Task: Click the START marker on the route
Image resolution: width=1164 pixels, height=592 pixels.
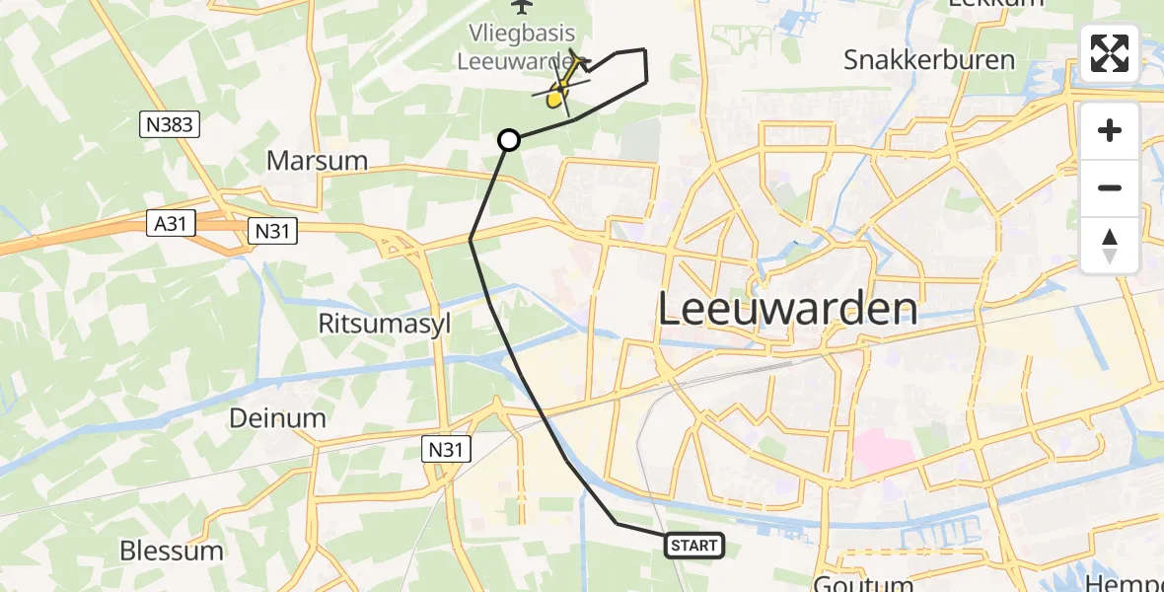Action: pos(695,545)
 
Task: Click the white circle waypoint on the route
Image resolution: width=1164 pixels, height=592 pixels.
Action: pos(509,140)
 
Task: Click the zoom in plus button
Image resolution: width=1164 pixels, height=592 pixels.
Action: pos(1110,130)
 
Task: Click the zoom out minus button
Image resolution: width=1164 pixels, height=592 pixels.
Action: pos(1110,187)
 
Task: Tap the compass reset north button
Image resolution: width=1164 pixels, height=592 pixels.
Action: pos(1110,245)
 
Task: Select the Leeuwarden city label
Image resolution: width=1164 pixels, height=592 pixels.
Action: pos(787,310)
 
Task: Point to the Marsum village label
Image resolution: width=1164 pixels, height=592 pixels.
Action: pos(317,161)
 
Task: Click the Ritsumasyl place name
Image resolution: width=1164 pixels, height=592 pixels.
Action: pos(384,324)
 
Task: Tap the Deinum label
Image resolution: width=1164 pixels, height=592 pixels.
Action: pos(277,417)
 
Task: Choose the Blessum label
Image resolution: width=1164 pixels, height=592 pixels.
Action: pos(172,551)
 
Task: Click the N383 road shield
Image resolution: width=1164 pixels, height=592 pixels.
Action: pos(171,124)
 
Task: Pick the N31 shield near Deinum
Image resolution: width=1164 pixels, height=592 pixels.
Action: pos(447,449)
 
